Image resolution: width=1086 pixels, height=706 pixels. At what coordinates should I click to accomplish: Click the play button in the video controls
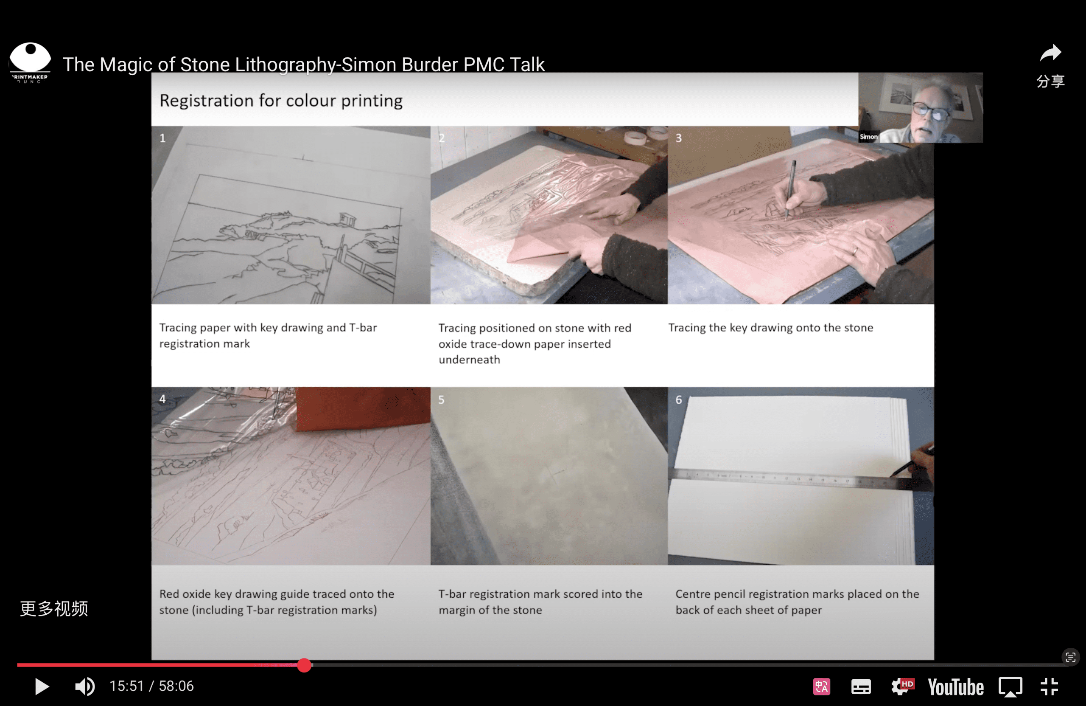click(x=42, y=686)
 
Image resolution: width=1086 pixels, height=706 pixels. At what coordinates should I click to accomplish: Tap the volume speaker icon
click(x=85, y=686)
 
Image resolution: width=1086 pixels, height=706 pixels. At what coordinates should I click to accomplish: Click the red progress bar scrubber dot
click(x=304, y=665)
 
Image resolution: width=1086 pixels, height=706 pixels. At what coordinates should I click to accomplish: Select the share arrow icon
click(x=1050, y=53)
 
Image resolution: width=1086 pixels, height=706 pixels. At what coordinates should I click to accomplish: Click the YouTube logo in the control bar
click(x=955, y=687)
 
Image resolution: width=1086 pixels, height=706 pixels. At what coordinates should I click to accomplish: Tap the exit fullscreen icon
click(x=1050, y=686)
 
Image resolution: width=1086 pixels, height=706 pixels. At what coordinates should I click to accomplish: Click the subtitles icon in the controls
click(x=861, y=687)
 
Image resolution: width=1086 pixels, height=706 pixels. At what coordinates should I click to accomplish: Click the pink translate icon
click(x=821, y=687)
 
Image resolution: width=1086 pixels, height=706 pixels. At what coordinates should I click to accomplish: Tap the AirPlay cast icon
click(x=1010, y=687)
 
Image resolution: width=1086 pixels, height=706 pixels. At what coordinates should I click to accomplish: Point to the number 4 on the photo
click(x=162, y=399)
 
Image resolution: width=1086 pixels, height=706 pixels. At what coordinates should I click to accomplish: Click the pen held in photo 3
click(x=790, y=190)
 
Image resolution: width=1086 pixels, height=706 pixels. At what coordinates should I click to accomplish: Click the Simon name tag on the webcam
click(x=868, y=137)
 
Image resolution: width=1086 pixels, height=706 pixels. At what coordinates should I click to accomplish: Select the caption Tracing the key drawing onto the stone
click(x=771, y=327)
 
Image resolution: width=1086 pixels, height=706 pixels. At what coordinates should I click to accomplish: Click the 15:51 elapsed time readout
click(x=126, y=686)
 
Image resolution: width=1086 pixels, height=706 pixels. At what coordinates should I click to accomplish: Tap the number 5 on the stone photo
click(x=441, y=399)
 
